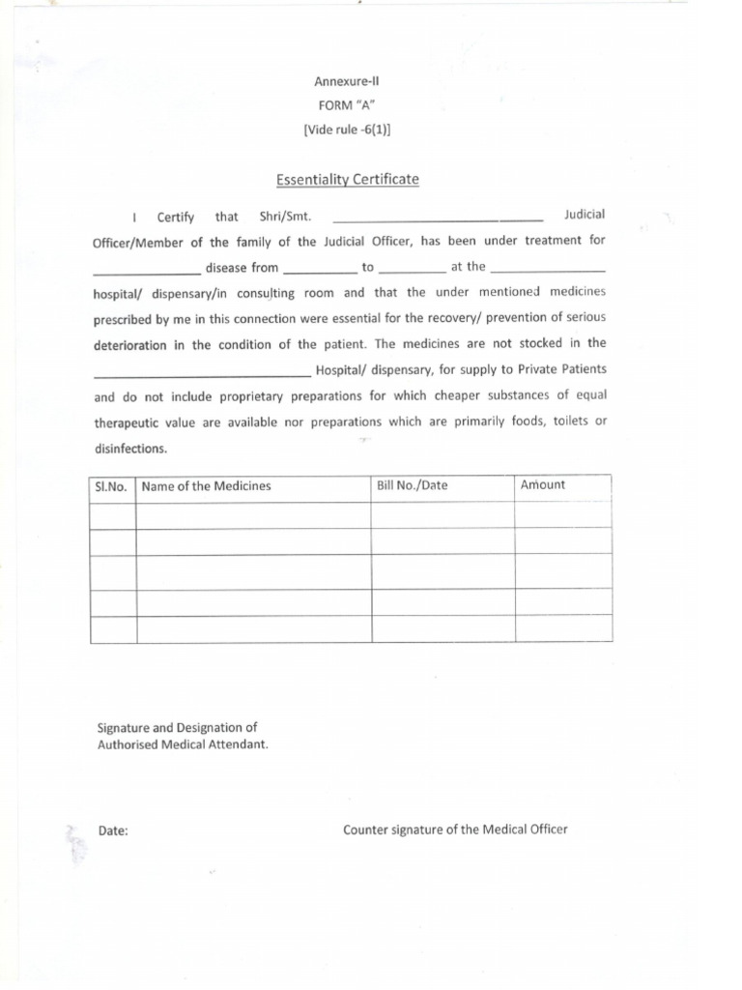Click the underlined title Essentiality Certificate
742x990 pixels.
coord(347,179)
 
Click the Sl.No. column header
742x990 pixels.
coord(112,486)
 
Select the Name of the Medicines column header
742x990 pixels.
coord(206,486)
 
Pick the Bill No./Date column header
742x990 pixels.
coord(413,485)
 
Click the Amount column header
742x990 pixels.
coord(543,485)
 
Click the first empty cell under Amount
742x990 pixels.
coord(562,514)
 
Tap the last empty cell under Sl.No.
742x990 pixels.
coord(112,629)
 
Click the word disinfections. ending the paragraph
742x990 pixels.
coord(130,449)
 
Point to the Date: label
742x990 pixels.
coord(113,830)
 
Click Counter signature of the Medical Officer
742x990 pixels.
coord(455,830)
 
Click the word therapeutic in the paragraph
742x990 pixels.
coord(129,423)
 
